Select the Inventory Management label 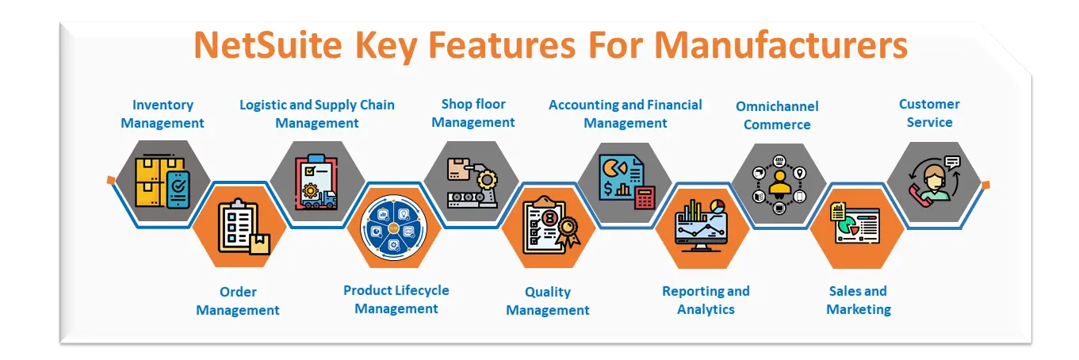163,113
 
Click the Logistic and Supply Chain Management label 317,113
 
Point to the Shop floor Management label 473,113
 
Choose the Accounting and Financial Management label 626,113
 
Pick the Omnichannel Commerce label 777,115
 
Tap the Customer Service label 929,113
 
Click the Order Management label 238,301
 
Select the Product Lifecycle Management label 396,299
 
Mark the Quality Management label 548,301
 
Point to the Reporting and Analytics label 706,300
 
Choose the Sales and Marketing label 859,300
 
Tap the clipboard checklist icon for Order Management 241,228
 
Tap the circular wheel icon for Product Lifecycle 394,228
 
